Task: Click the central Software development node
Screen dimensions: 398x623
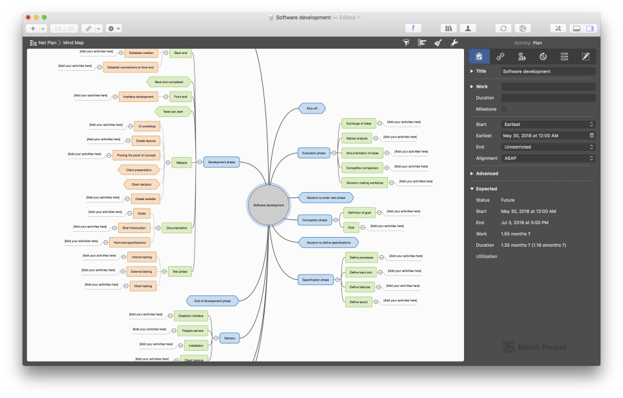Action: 269,205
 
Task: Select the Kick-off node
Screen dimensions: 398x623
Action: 311,108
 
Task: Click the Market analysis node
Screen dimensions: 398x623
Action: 356,138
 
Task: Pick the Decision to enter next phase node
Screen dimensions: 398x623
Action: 326,197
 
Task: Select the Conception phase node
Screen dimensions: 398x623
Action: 314,220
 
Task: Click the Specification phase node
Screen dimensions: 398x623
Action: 316,280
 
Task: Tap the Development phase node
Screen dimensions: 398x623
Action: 222,162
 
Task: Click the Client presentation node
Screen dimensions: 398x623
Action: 139,169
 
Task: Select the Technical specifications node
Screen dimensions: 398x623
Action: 129,242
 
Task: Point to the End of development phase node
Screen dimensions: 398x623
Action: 212,301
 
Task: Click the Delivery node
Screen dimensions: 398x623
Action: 230,338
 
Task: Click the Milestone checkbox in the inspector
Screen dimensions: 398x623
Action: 504,109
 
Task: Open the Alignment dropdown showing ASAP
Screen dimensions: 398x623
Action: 548,158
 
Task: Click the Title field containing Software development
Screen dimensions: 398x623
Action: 548,71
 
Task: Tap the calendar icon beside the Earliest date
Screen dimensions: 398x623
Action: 591,136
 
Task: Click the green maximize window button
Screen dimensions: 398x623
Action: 44,17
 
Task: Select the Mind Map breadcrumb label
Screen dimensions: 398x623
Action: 73,43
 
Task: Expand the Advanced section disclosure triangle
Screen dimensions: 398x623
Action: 472,174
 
